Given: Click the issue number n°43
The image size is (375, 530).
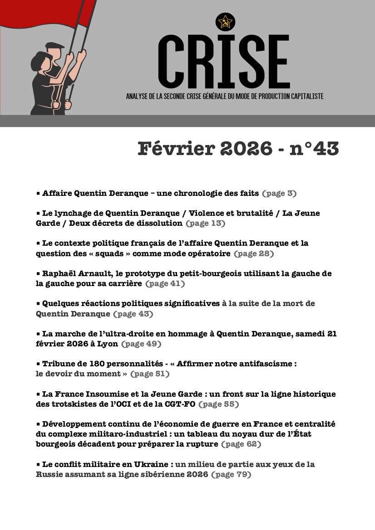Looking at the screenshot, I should (314, 149).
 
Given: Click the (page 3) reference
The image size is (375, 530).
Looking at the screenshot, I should (279, 193).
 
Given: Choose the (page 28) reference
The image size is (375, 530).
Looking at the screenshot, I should (254, 254).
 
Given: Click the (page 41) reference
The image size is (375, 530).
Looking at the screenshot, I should (165, 284).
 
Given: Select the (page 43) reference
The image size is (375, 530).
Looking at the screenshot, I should (133, 314).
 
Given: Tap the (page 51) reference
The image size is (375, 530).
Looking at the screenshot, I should (149, 374).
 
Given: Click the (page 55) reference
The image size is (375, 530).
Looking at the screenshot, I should (219, 404).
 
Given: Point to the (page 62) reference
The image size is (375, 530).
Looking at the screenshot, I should (241, 444).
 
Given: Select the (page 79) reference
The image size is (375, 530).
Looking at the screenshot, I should (231, 475).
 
